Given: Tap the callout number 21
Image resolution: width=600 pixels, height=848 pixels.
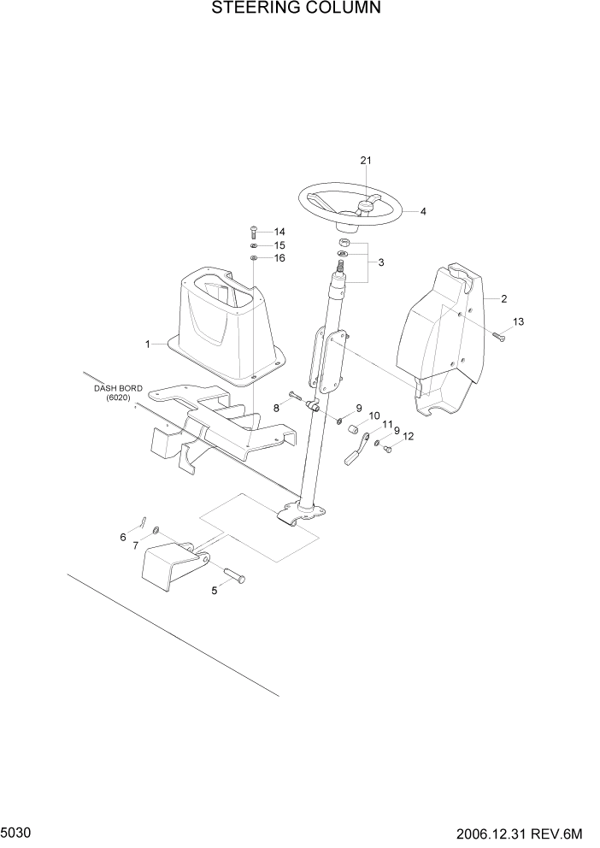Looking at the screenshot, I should point(366,161).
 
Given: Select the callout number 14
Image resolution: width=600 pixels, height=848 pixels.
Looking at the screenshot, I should point(279,232).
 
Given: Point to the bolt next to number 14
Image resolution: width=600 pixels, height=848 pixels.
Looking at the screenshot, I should point(254,231).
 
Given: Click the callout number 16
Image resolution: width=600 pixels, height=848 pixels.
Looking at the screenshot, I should point(279,257).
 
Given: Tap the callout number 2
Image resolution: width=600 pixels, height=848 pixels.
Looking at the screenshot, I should point(503,298).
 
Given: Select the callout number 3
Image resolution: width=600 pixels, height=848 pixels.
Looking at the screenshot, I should point(381,262).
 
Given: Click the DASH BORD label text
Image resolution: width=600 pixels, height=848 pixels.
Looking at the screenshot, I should point(111,392).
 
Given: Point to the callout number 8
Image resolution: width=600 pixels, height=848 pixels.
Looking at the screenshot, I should point(276,409).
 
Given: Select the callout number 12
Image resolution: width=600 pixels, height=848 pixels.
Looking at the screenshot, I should point(408,437).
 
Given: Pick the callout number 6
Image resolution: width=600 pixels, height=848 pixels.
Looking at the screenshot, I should point(123,537).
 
